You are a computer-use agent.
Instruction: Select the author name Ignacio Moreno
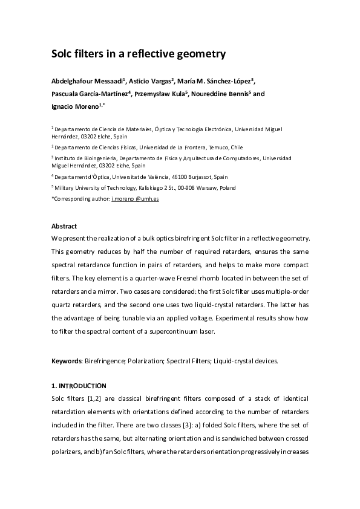pos(76,106)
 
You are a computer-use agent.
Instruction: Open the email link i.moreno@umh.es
pos(135,198)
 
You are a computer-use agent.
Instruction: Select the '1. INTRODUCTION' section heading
pos(79,386)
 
